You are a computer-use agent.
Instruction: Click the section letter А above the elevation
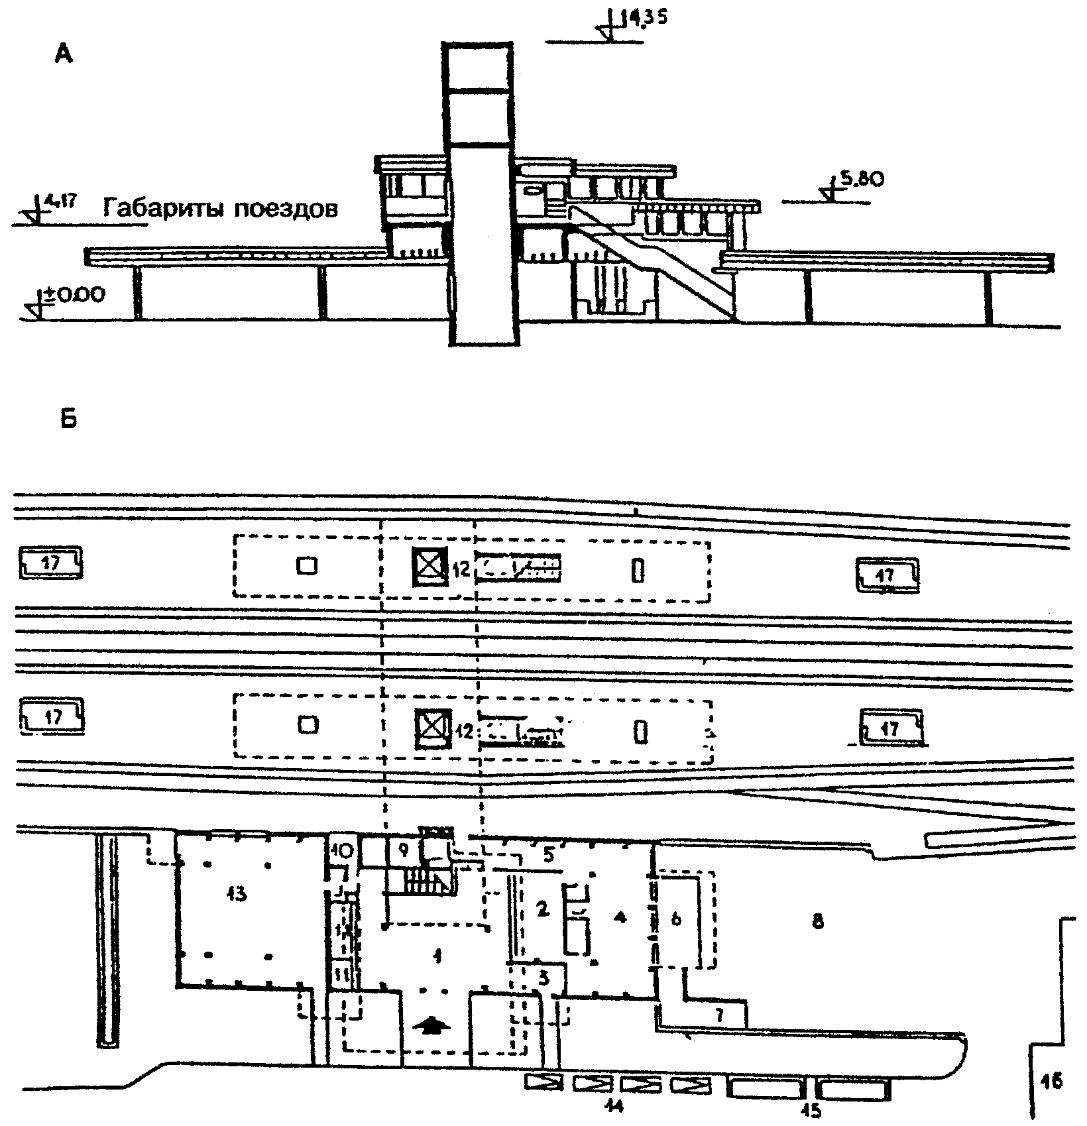click(64, 55)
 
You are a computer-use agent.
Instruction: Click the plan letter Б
click(68, 419)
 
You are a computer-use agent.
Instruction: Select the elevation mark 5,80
click(861, 180)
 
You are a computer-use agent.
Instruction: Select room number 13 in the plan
click(237, 894)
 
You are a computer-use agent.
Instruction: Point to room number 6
click(675, 920)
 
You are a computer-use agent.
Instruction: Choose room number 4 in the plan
click(620, 917)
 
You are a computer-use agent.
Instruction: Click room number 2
click(542, 910)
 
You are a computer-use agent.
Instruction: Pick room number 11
click(342, 974)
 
